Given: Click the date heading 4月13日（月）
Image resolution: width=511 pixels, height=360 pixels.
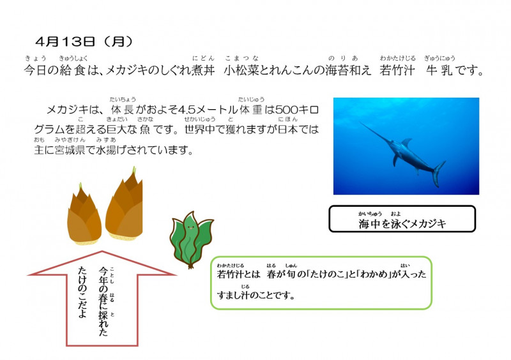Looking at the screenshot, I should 84,42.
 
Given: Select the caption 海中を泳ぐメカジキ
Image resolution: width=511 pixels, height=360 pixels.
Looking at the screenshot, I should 402,223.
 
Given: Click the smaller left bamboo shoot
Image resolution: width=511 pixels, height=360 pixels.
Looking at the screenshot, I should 84,218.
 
